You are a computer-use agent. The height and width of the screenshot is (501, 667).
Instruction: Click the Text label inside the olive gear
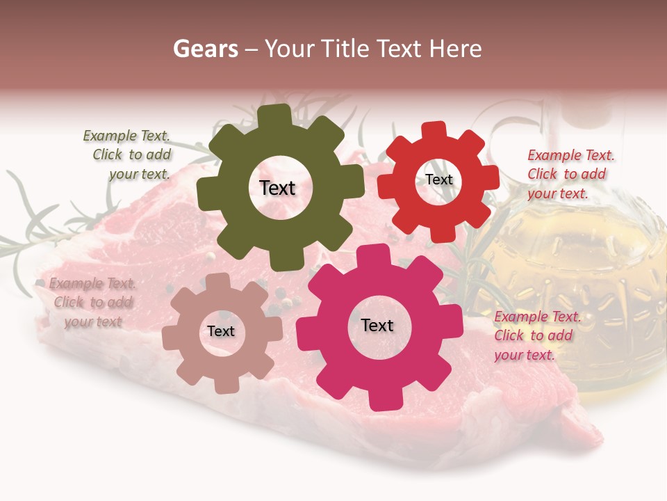pyautogui.click(x=277, y=188)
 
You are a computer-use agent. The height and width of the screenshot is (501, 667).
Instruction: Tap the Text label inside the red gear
pyautogui.click(x=438, y=180)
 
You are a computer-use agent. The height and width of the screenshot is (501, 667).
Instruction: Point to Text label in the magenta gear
pyautogui.click(x=377, y=325)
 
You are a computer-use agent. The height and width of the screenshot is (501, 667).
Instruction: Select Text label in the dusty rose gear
pyautogui.click(x=221, y=331)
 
